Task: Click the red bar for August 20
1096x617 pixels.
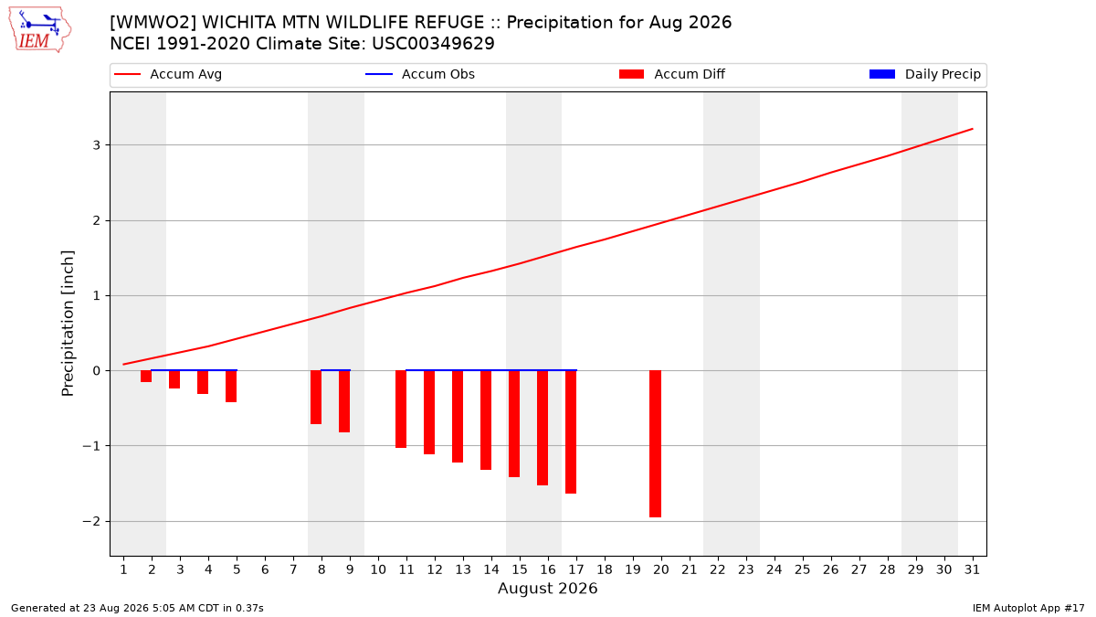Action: click(655, 443)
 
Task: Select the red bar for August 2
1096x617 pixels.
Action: click(146, 376)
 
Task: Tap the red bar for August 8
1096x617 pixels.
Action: click(316, 397)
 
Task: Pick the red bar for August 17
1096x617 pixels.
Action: click(571, 431)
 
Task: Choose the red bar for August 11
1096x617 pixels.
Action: click(401, 409)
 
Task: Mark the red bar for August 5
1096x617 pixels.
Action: click(231, 387)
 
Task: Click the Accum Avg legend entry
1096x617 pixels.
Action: click(168, 74)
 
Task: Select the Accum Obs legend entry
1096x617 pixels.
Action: click(420, 74)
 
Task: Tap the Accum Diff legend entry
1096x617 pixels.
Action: click(672, 74)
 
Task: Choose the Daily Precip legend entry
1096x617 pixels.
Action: click(925, 74)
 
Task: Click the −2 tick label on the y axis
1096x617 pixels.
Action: click(91, 522)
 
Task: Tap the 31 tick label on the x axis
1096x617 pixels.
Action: click(972, 569)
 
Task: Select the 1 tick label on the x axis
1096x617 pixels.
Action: click(123, 569)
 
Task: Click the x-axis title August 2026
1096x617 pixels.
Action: click(547, 588)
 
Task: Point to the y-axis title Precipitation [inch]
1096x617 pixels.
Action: click(68, 324)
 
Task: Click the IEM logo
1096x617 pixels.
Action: click(39, 30)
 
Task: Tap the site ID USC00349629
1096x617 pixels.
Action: click(433, 44)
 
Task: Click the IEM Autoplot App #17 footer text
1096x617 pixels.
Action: click(1028, 608)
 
